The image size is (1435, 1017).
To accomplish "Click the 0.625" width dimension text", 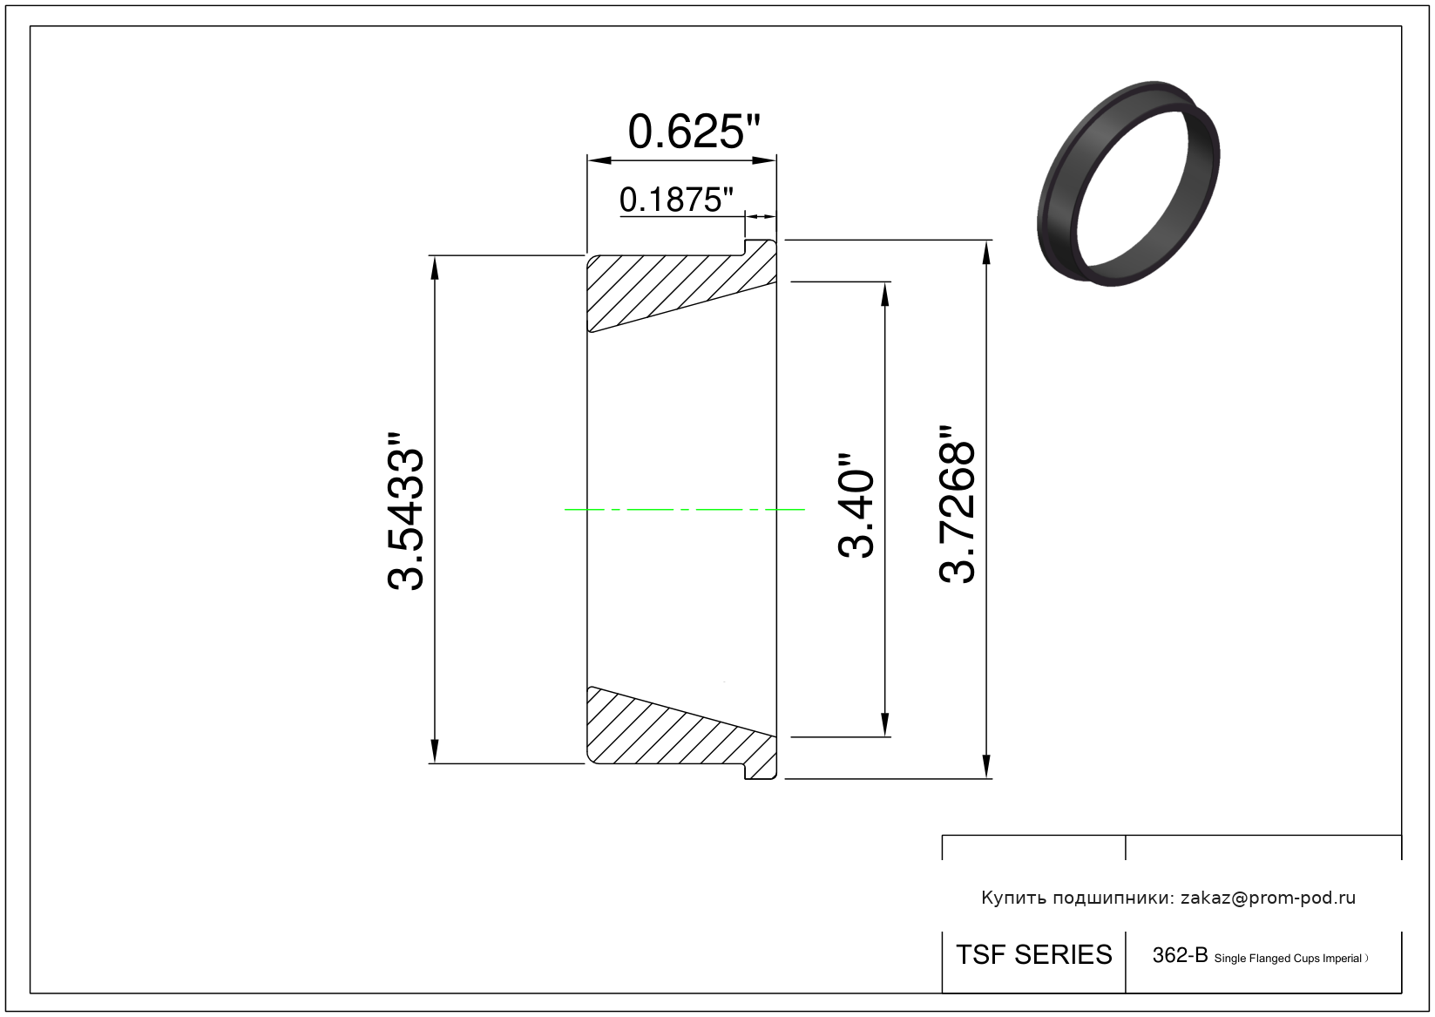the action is tap(694, 132).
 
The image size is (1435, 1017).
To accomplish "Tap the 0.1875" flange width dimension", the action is tap(676, 200).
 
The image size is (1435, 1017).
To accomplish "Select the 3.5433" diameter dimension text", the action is tap(405, 511).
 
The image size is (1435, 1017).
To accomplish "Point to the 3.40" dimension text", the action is tap(856, 506).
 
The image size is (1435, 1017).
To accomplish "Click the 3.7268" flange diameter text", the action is tap(957, 505).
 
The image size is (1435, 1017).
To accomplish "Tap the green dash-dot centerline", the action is tap(684, 510).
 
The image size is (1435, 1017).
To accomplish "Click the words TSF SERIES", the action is tap(1034, 955).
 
